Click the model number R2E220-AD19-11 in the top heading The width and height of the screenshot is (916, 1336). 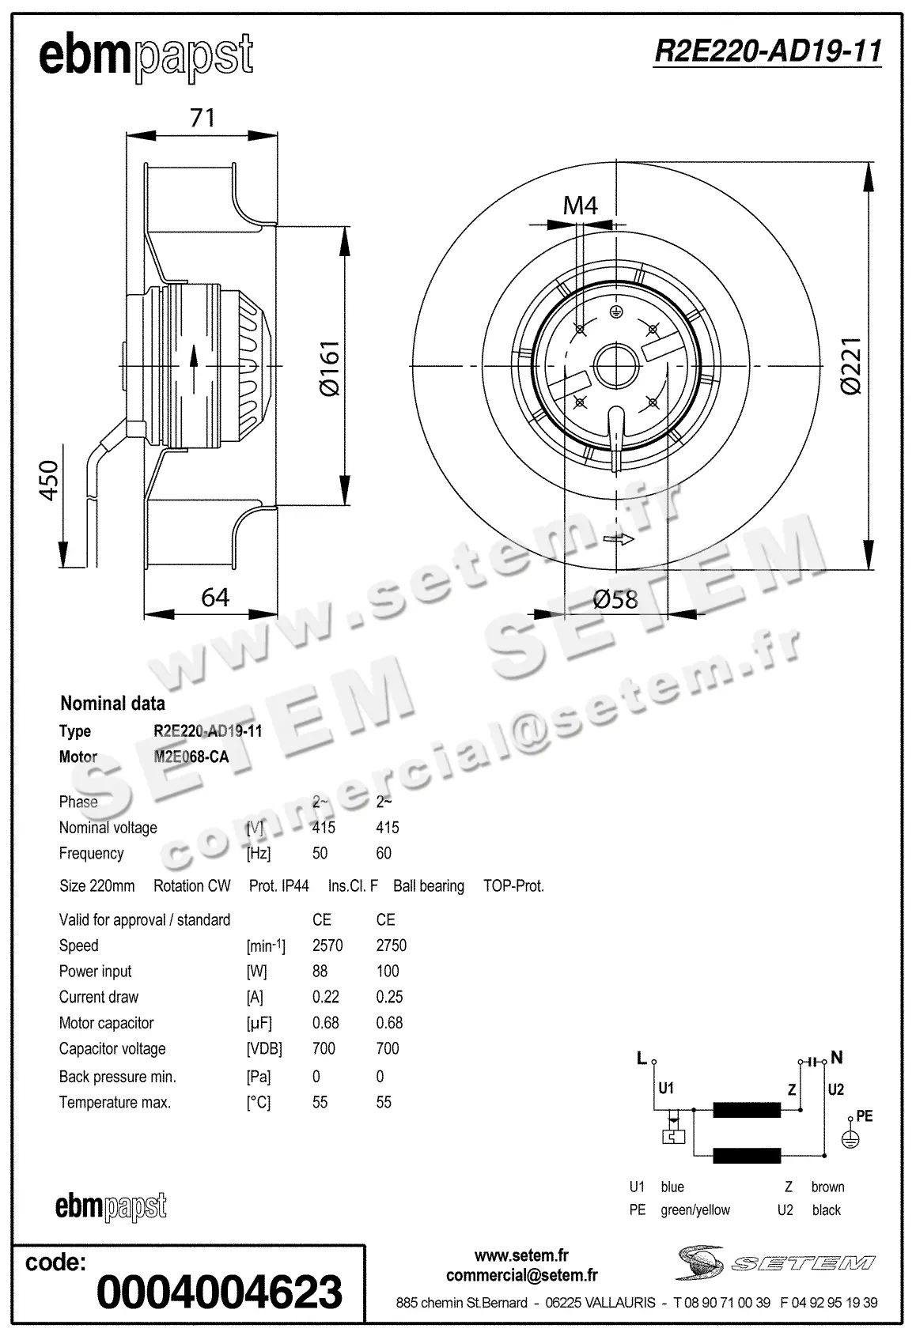767,52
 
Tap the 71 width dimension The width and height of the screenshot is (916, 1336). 203,118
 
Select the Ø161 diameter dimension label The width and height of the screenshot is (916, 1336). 328,368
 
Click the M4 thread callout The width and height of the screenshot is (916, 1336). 580,206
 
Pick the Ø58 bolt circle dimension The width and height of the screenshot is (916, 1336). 615,599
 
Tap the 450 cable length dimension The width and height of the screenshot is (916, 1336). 49,480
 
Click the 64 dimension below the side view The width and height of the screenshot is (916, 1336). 215,597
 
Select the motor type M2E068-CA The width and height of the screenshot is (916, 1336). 191,757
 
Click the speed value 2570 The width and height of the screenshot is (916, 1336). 327,945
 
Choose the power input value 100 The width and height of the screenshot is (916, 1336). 388,971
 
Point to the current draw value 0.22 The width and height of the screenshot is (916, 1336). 325,997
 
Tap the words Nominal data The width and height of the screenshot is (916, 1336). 113,703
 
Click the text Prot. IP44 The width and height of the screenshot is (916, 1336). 278,886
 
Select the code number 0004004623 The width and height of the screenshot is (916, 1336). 219,1292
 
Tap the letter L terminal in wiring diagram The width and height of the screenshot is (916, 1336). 642,1058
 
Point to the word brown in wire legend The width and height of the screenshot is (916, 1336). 827,1187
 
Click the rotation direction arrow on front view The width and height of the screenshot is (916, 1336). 619,540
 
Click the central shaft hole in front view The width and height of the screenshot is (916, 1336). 615,366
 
